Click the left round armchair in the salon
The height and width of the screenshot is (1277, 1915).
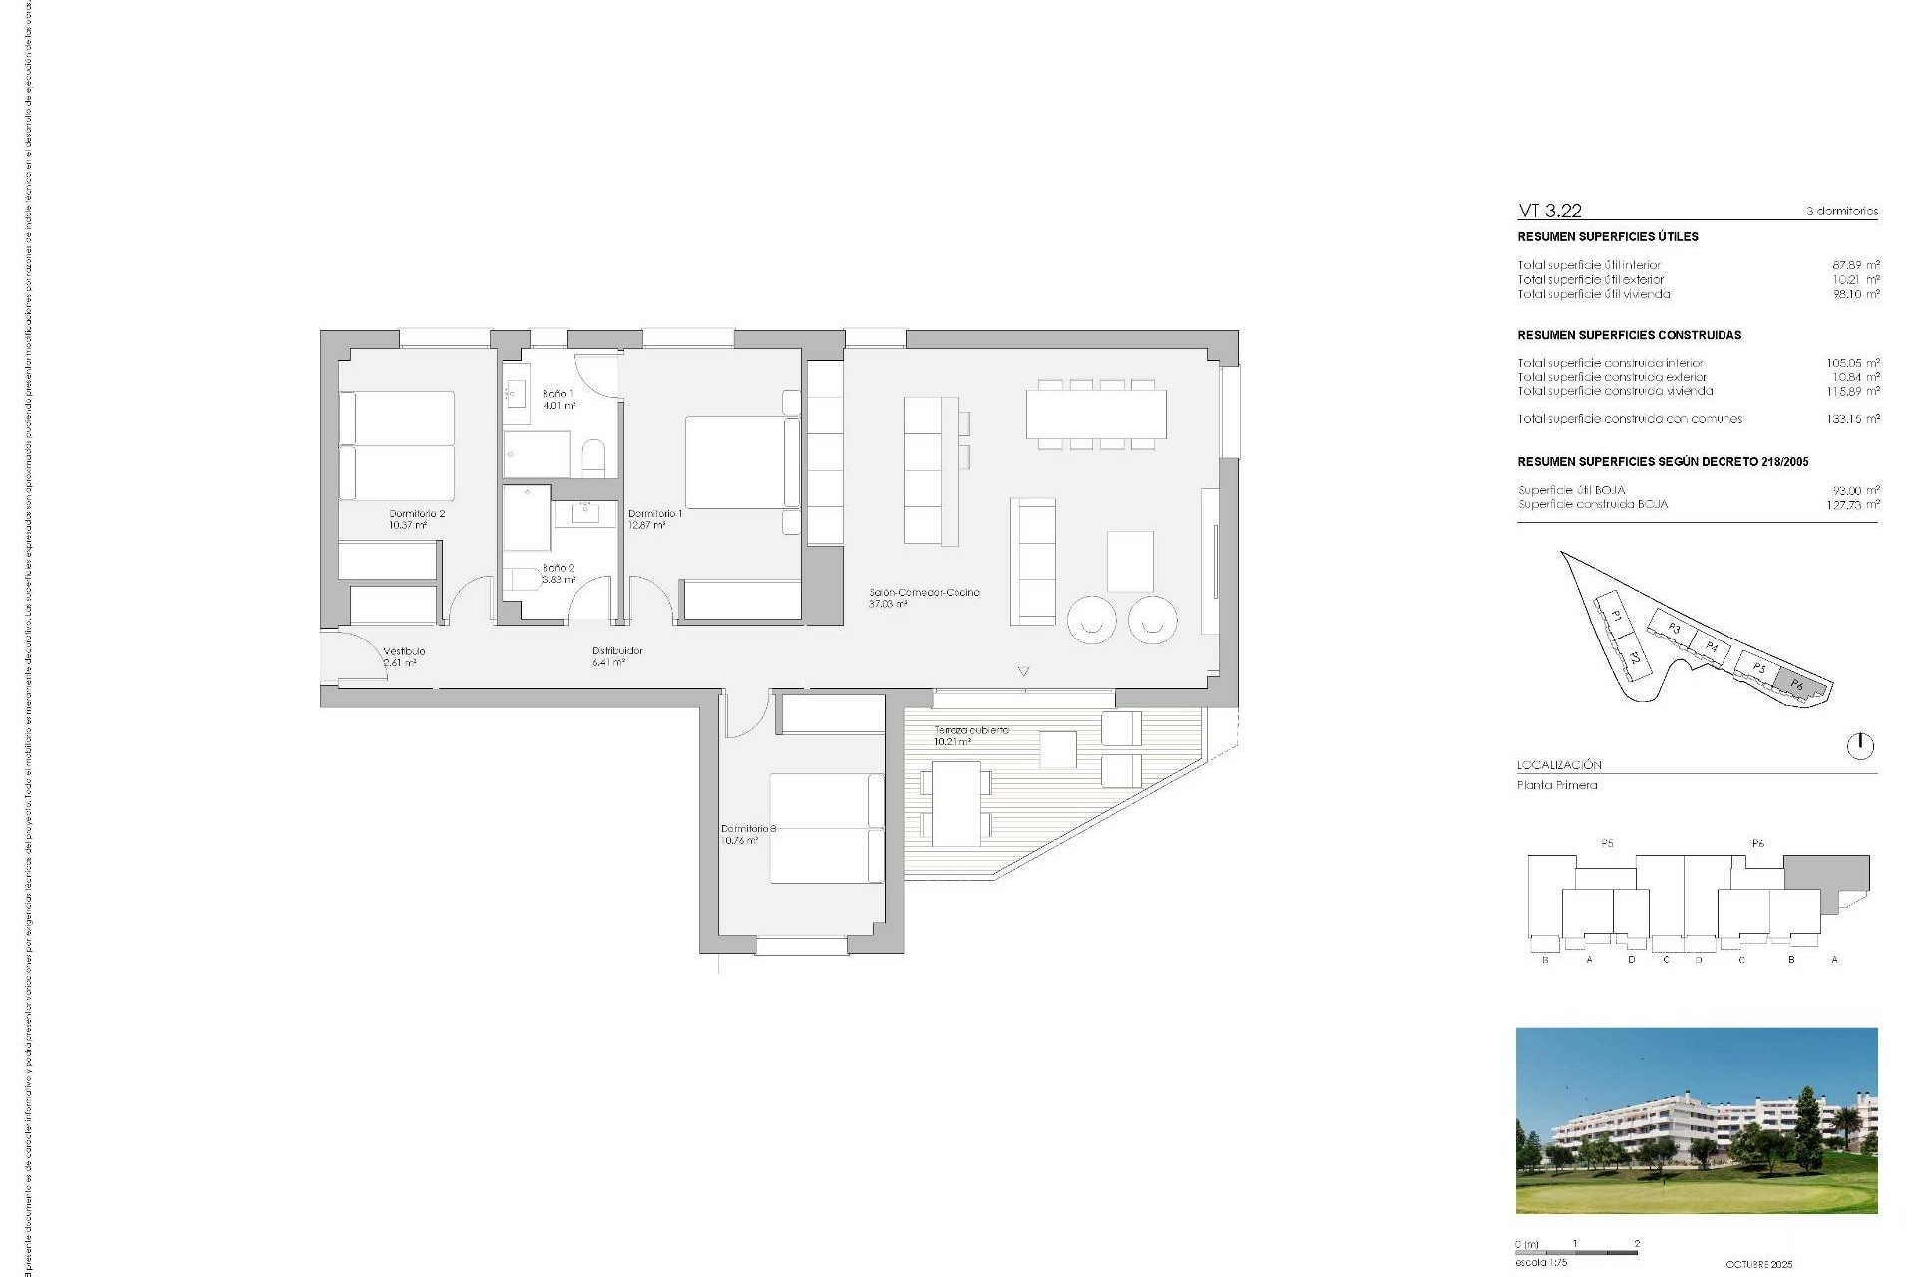click(x=1092, y=620)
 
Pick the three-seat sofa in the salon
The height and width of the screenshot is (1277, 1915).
click(x=1033, y=562)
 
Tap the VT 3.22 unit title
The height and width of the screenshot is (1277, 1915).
click(x=1549, y=211)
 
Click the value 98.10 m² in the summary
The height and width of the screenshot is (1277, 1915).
click(x=1855, y=294)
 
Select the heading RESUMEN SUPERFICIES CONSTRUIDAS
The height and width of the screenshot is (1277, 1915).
click(x=1629, y=335)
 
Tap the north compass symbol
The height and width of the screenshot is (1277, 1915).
click(x=1860, y=745)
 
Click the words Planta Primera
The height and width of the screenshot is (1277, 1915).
click(x=1557, y=785)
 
